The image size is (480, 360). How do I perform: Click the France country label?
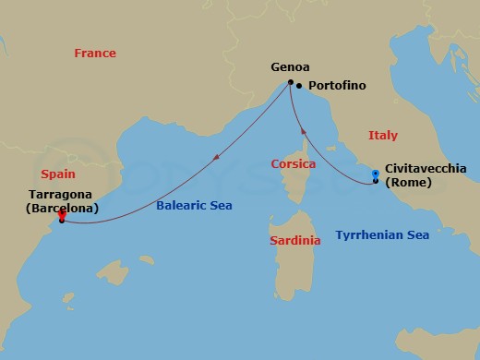95,54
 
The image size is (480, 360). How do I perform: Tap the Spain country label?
58,174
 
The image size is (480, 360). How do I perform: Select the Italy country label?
383,136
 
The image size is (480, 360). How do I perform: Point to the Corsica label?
293,164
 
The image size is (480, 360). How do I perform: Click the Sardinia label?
294,241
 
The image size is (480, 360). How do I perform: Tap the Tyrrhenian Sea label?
382,235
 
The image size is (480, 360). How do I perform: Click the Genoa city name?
290,67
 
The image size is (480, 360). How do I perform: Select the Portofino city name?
337,86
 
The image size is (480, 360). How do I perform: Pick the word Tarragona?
62,195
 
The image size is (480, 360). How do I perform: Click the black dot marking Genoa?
291,83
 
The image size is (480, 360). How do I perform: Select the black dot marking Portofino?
299,86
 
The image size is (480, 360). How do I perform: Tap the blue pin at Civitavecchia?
375,174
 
